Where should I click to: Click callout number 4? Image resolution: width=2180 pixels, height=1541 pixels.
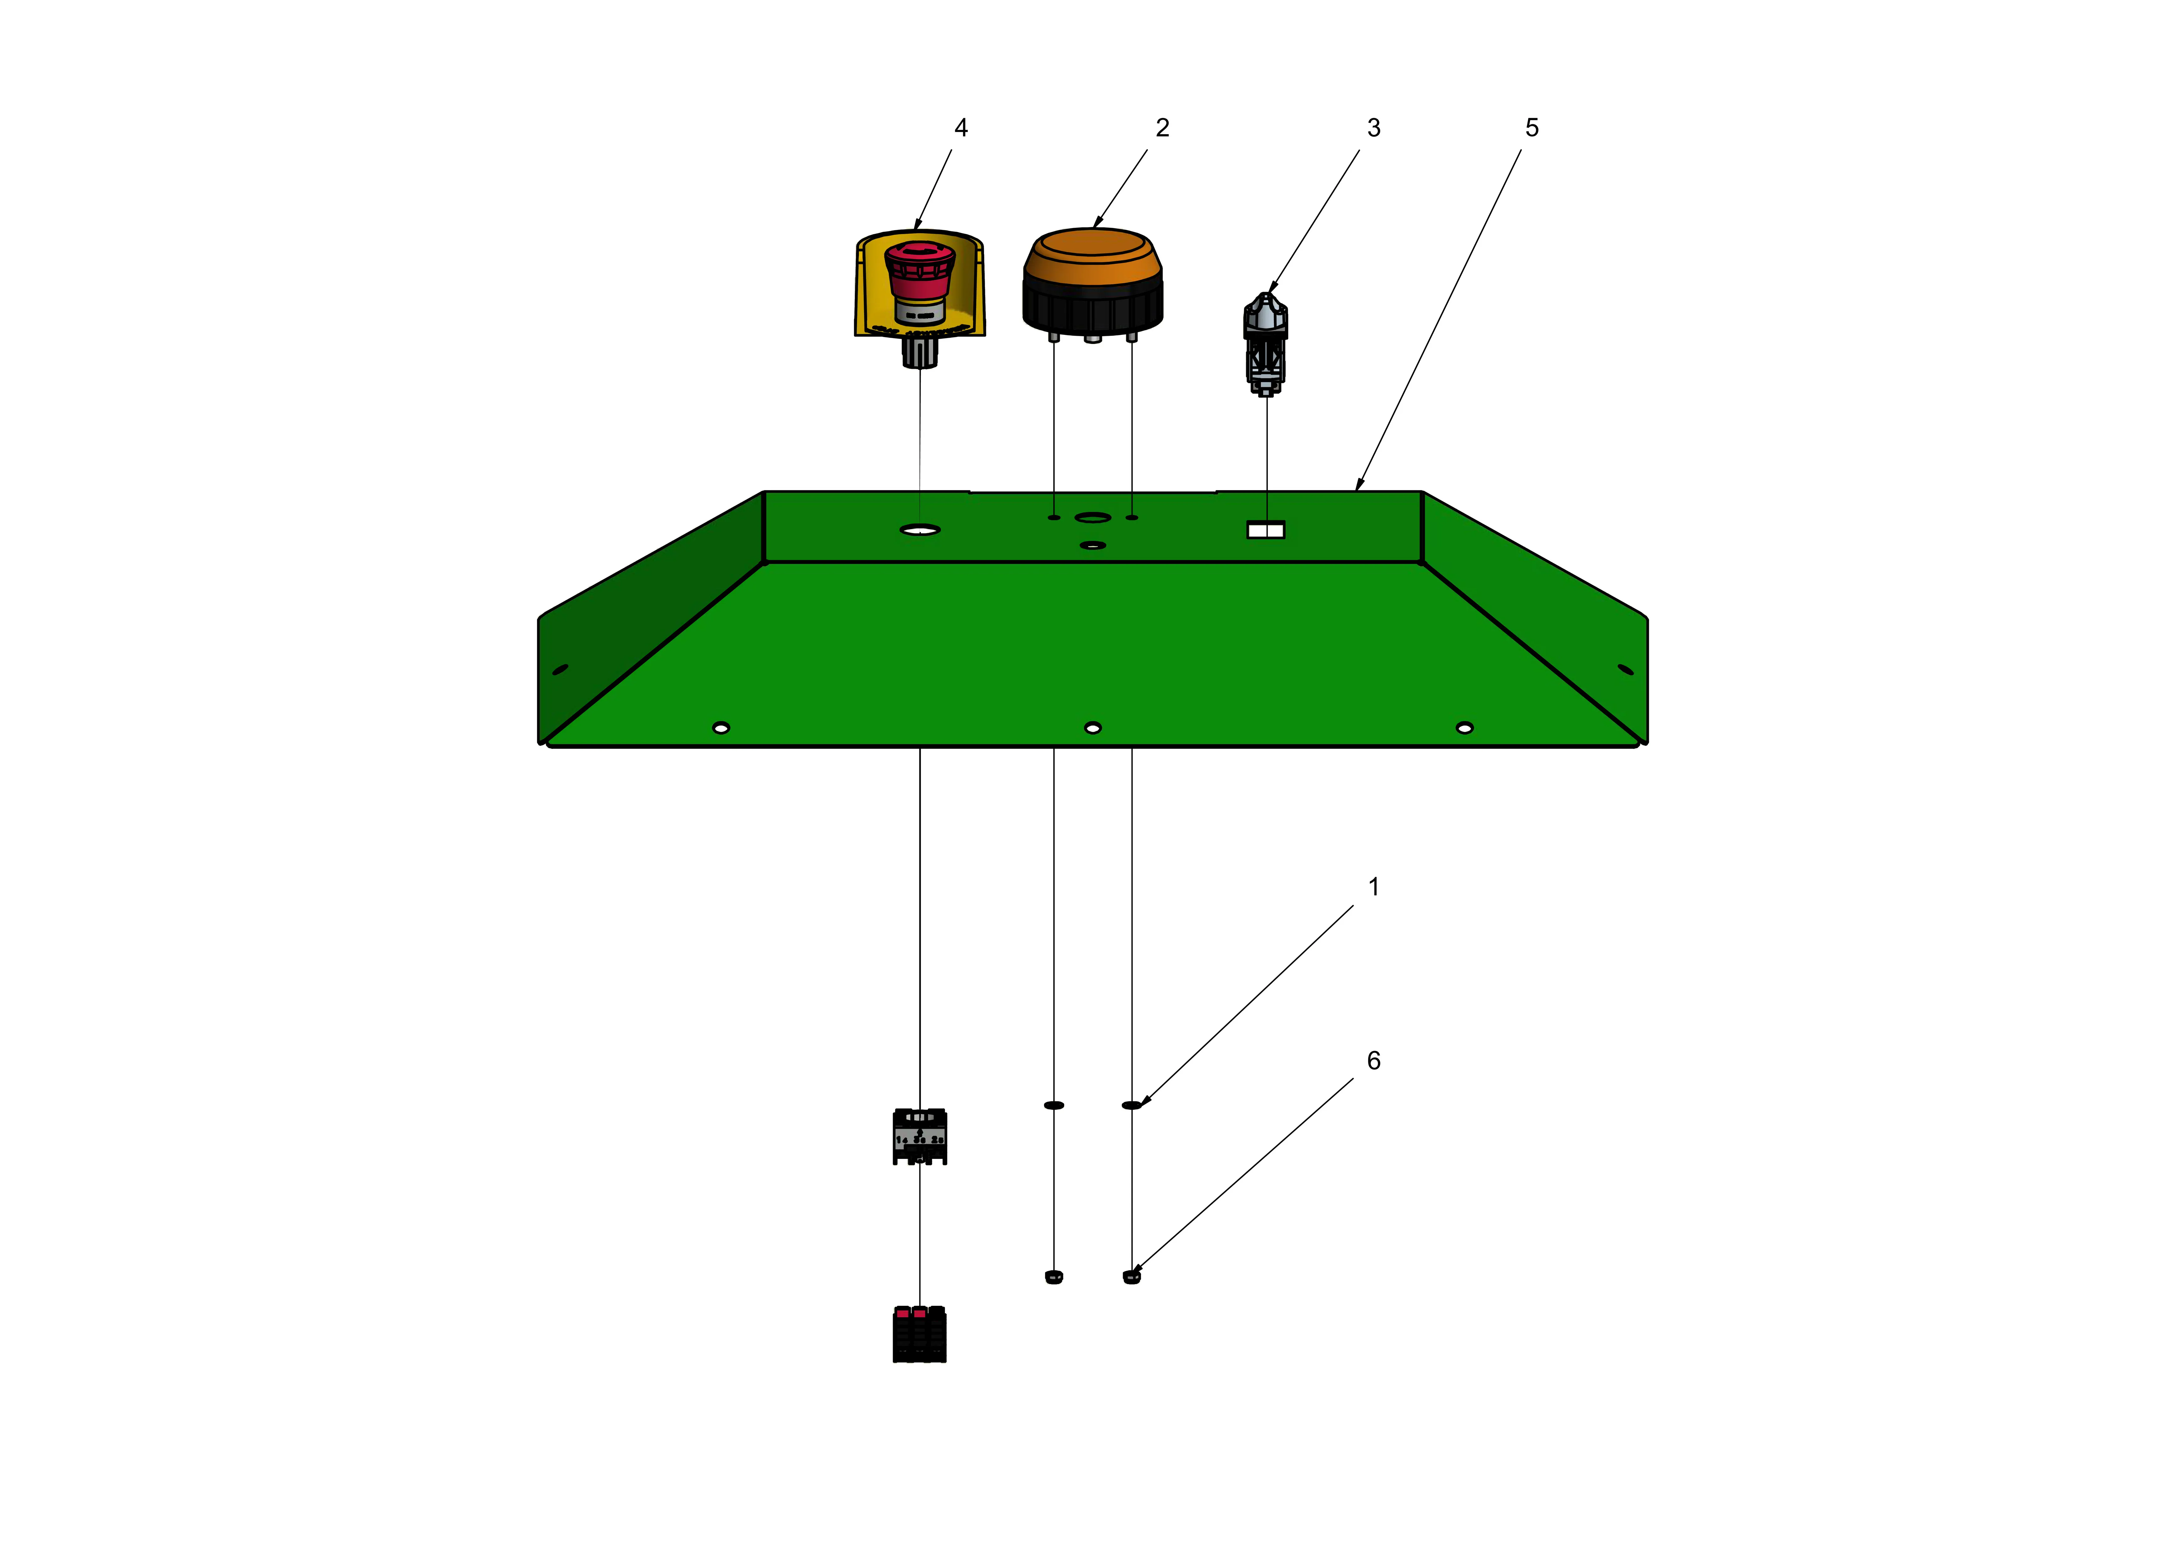(961, 128)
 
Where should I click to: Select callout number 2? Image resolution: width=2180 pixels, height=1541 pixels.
(1162, 128)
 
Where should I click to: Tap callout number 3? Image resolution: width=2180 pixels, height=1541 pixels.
(1373, 128)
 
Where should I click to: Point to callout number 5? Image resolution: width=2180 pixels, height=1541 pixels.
(1532, 128)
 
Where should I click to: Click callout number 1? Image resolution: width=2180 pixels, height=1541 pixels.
(1373, 887)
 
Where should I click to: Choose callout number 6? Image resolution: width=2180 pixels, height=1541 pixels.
(1373, 1061)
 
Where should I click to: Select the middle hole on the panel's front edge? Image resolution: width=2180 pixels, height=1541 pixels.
(1093, 728)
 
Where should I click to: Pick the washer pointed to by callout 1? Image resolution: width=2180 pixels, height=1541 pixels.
(1132, 1105)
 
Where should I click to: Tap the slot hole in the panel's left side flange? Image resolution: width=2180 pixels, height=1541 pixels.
(560, 670)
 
